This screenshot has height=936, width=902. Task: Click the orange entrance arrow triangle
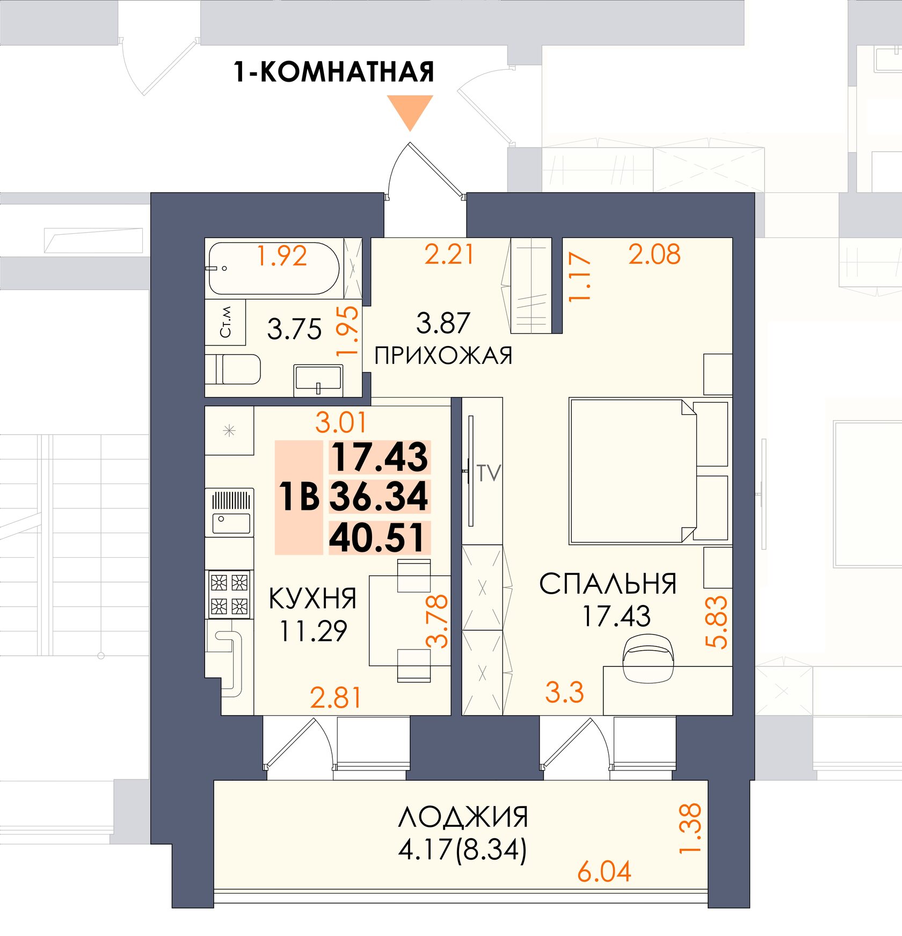410,110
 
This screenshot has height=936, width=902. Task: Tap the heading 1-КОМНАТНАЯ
333,71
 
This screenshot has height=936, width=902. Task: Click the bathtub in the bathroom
274,269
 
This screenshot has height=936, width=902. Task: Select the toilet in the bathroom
234,369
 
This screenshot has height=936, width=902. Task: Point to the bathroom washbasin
318,379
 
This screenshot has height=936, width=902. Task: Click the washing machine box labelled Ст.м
225,322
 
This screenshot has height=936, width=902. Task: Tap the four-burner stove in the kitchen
229,594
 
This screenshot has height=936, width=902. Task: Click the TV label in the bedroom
489,473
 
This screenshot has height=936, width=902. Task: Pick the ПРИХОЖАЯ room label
443,356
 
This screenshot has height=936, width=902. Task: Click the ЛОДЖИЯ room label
463,817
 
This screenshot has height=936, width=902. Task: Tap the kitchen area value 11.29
314,631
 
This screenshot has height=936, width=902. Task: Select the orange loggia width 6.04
604,872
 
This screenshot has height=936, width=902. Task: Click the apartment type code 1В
300,496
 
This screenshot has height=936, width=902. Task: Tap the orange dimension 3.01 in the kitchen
341,422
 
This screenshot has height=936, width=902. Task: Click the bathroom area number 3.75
294,329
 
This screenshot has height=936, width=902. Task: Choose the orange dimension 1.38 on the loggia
690,828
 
